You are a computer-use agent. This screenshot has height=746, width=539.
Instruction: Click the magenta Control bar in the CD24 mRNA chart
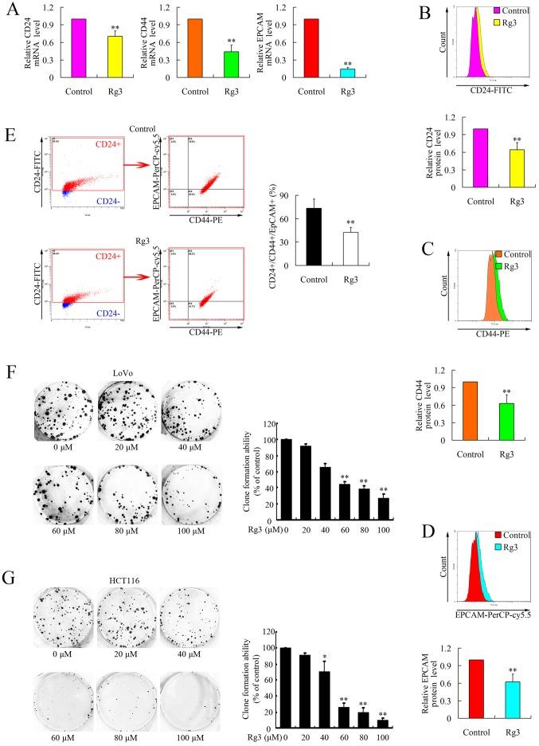click(x=78, y=48)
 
